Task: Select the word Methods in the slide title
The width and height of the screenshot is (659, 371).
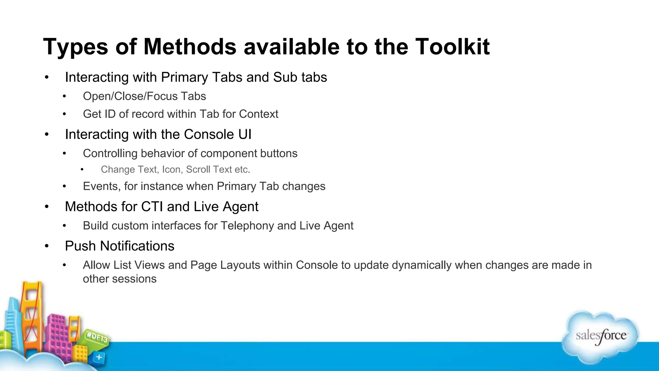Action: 190,47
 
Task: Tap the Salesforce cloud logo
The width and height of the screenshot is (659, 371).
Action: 600,337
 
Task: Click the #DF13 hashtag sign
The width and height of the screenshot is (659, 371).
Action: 97,338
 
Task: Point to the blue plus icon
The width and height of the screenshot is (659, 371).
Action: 99,357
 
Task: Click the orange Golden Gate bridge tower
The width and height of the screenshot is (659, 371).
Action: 32,309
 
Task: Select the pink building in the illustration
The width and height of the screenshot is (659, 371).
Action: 58,335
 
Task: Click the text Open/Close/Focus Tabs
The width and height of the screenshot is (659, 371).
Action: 144,96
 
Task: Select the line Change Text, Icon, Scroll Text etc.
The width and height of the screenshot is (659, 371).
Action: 175,169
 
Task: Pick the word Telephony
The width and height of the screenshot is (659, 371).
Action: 247,226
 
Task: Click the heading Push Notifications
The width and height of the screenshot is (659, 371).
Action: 119,246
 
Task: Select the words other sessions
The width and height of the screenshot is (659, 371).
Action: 119,279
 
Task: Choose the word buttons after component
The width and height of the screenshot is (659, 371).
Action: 279,154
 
